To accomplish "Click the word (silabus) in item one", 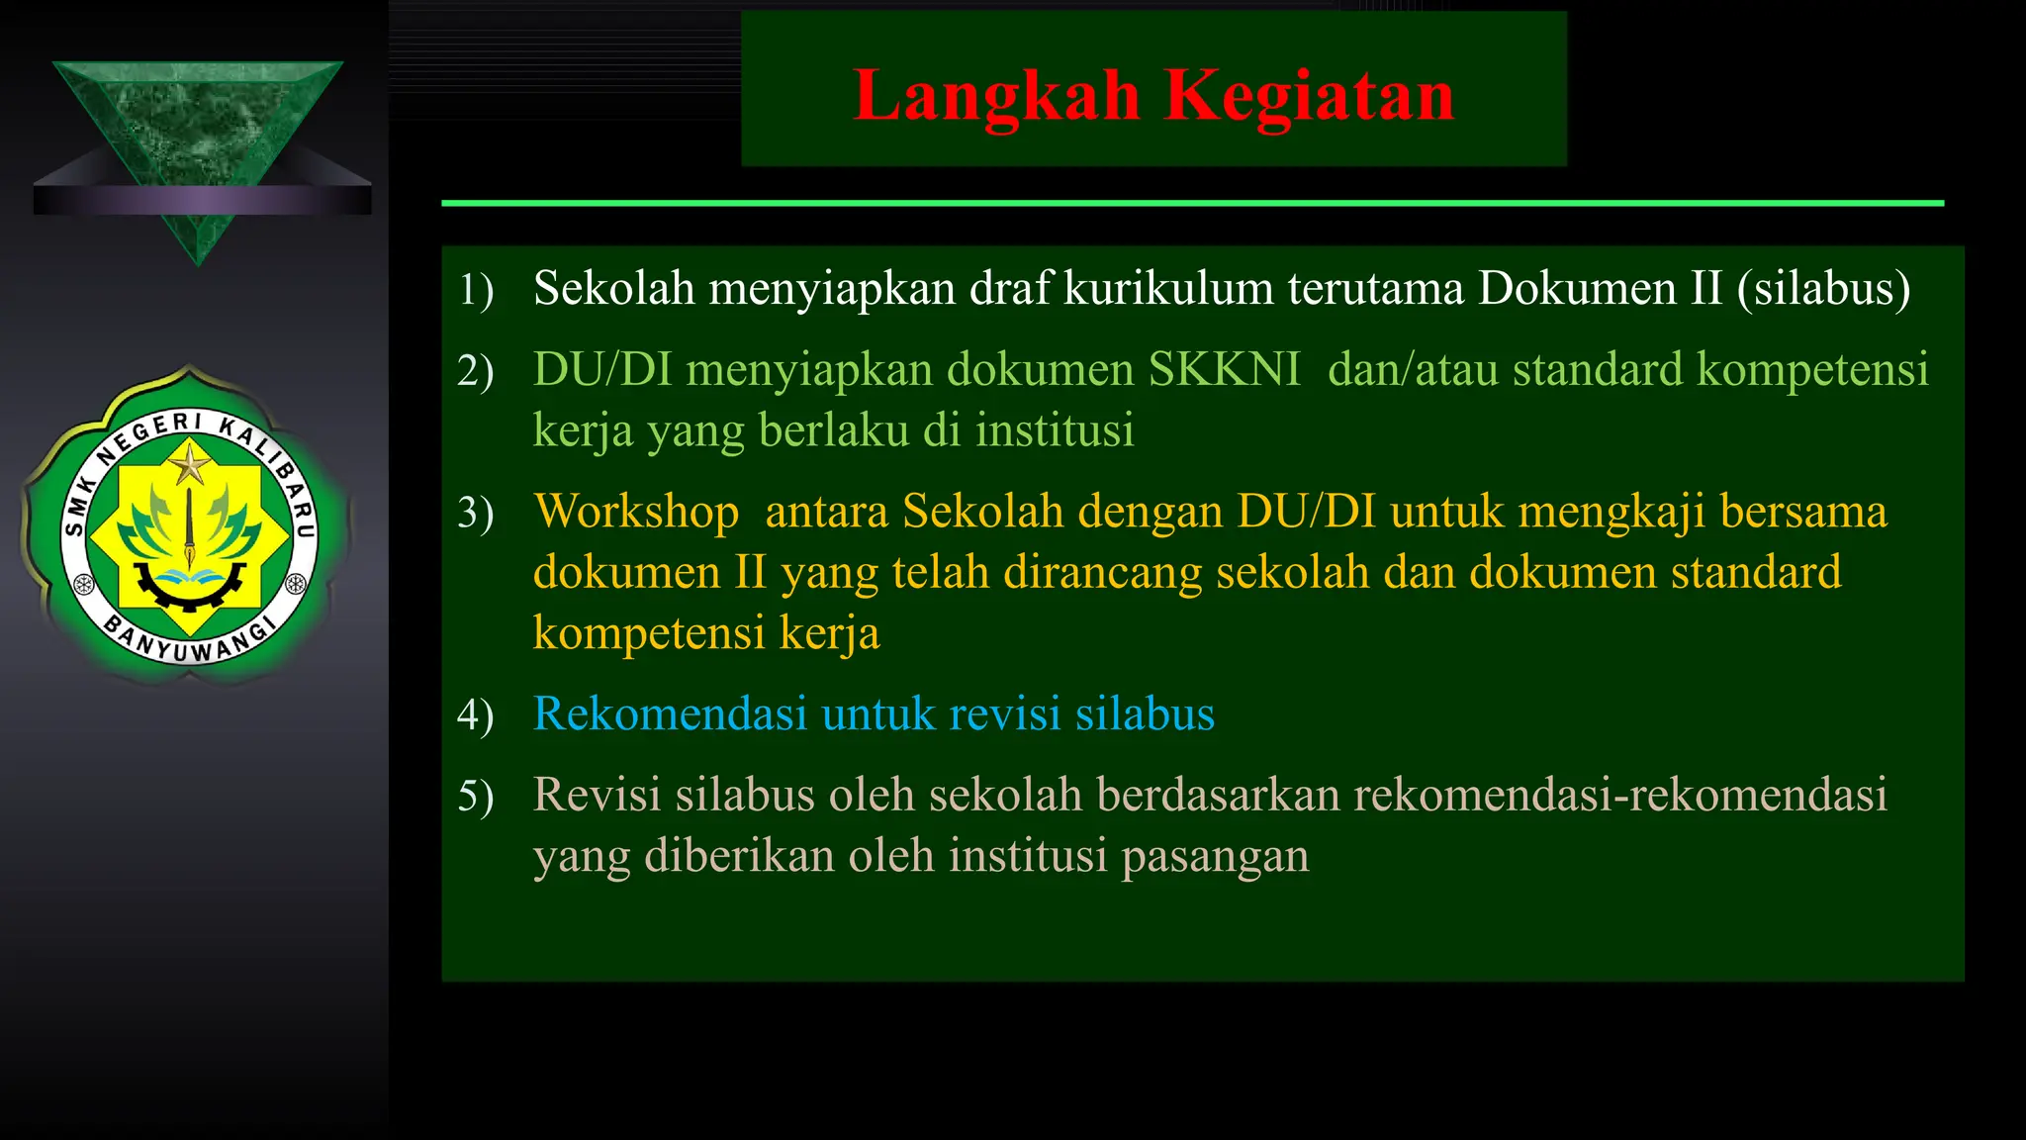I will [1823, 289].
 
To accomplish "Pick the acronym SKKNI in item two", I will [1224, 370].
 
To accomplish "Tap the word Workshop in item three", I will [636, 513].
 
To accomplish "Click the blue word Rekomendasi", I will [670, 713].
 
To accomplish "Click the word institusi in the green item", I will [1054, 430].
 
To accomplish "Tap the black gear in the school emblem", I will [189, 589].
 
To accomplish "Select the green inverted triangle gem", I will [198, 139].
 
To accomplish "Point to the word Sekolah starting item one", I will [613, 289].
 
